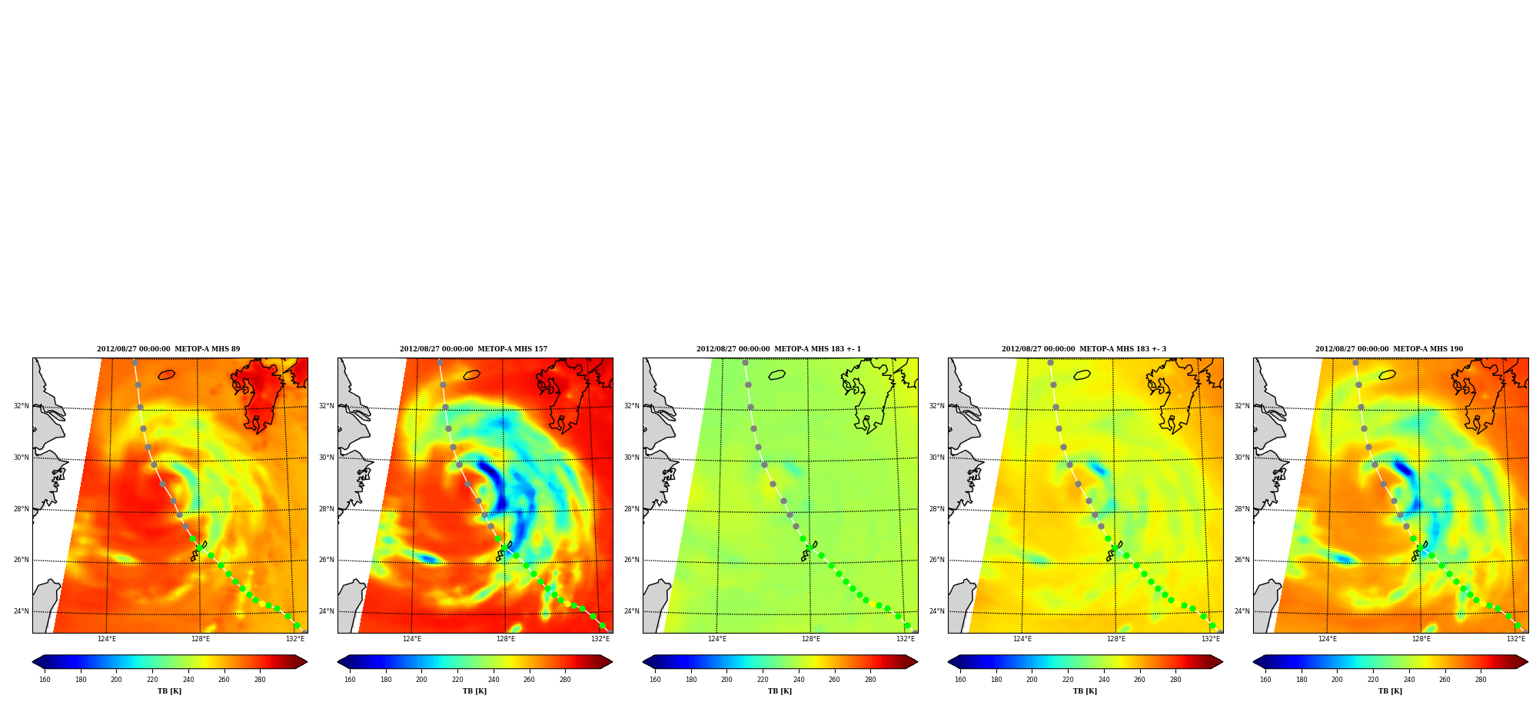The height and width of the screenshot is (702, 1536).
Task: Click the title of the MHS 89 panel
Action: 168,349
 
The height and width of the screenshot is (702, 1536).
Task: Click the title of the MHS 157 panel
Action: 474,349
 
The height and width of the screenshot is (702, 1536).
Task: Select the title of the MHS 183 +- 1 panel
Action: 779,349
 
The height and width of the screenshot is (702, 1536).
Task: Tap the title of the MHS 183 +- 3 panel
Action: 1084,349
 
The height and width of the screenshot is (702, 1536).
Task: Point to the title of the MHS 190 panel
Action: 1389,349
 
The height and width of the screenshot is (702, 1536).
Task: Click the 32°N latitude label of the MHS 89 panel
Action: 21,406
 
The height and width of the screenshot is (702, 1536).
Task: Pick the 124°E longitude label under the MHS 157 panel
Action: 412,639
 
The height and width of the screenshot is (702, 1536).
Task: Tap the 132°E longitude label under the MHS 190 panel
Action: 1516,639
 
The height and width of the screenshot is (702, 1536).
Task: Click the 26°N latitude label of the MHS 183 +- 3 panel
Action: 936,560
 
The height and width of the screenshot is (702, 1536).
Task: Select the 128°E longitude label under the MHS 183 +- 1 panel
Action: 811,639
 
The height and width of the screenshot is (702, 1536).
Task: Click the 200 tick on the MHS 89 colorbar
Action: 116,680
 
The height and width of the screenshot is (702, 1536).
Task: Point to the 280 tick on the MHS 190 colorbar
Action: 1481,680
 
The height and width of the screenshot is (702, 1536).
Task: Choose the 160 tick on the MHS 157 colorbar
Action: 350,680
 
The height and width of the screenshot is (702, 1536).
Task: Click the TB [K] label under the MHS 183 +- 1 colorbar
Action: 780,691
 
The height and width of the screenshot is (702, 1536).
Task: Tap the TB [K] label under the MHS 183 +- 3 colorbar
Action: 1085,691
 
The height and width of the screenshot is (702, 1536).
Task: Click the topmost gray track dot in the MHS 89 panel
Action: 135,362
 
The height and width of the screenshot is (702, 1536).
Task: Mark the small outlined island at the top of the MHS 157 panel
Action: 472,375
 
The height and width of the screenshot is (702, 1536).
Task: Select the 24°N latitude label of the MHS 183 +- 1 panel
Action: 631,612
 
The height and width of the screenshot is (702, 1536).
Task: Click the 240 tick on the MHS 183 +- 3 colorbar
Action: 1104,680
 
